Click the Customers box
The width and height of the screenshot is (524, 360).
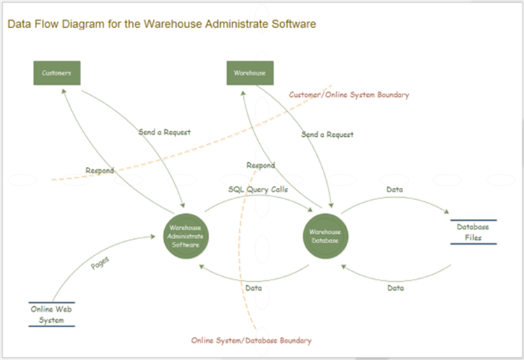[x=57, y=73]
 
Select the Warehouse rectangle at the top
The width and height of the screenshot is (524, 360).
[x=249, y=73]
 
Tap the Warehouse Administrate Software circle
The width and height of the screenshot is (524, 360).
[x=185, y=236]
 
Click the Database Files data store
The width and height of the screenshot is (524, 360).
[x=473, y=232]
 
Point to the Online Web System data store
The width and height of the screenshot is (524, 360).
[x=52, y=315]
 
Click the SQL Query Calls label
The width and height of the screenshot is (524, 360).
[x=258, y=189]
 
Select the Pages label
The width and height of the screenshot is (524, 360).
[x=101, y=266]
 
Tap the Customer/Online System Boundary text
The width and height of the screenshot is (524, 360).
[x=349, y=94]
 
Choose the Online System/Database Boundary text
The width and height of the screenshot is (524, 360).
[x=252, y=340]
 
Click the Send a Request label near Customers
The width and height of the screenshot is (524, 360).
[x=164, y=131]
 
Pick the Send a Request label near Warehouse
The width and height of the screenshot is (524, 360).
[x=327, y=134]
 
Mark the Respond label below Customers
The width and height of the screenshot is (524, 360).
[x=99, y=171]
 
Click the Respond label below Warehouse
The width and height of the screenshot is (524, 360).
[x=261, y=166]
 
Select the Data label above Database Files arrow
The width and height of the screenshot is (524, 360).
[x=395, y=189]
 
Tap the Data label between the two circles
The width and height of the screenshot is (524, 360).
[x=254, y=287]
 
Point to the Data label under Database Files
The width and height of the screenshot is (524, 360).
[x=395, y=287]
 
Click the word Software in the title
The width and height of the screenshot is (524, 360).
[x=295, y=24]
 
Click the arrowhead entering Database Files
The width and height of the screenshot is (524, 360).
[x=446, y=210]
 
